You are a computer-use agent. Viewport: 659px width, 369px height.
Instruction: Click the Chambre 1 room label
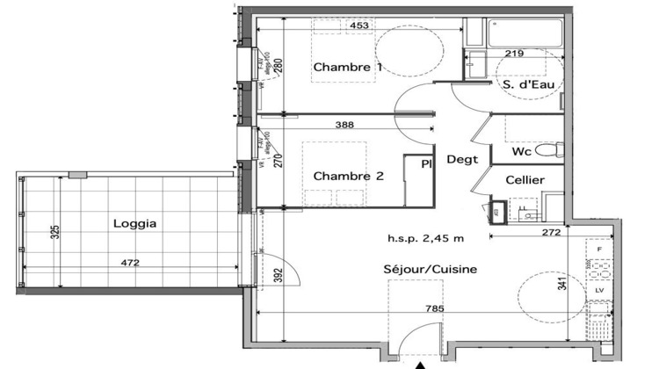tap(348, 68)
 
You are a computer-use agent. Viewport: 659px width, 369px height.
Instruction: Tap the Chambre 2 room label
tap(349, 176)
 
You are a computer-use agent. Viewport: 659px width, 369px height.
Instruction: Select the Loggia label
tap(135, 223)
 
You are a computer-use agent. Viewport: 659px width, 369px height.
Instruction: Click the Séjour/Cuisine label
tap(431, 270)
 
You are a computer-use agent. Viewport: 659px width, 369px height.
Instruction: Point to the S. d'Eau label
tap(527, 84)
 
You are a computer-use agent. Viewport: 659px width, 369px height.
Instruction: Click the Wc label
tap(521, 152)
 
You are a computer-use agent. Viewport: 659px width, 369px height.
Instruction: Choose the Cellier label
tap(525, 180)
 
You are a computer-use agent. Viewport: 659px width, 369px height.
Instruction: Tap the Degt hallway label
tap(461, 160)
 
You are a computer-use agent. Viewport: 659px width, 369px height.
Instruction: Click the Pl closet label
tap(426, 163)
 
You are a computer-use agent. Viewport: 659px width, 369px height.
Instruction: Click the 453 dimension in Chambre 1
tap(358, 26)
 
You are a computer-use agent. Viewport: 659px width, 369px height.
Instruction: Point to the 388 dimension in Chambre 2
tap(346, 126)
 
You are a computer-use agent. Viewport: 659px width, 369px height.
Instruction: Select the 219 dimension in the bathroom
tap(515, 54)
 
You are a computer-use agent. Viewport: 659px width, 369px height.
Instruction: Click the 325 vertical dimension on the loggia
tap(55, 233)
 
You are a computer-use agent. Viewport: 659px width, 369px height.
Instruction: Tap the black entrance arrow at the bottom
tap(421, 364)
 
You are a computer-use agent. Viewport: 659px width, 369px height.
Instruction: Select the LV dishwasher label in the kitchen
tap(599, 289)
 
